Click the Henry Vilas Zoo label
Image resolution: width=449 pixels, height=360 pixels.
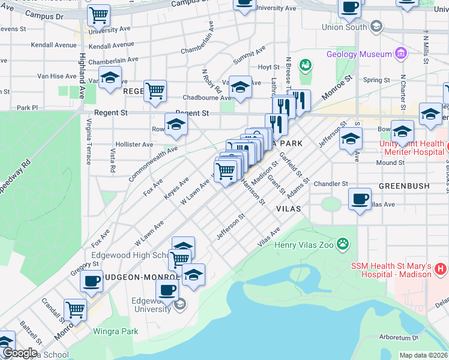pyautogui.click(x=304, y=244)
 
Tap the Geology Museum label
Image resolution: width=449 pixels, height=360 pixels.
pyautogui.click(x=359, y=54)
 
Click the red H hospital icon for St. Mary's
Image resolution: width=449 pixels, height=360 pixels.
pyautogui.click(x=440, y=269)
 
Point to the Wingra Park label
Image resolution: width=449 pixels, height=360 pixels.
pyautogui.click(x=115, y=331)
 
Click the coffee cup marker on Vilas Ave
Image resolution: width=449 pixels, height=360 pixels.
pyautogui.click(x=360, y=199)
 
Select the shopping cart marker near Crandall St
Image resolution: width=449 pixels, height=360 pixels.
pyautogui.click(x=75, y=309)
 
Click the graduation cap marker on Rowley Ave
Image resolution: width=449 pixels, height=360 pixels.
pyautogui.click(x=175, y=124)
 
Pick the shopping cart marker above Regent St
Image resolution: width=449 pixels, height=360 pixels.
pyautogui.click(x=155, y=91)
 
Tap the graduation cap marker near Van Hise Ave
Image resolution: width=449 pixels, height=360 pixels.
pyautogui.click(x=110, y=77)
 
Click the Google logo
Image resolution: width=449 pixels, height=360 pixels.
pyautogui.click(x=20, y=353)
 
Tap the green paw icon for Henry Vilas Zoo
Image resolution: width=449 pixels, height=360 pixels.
pyautogui.click(x=343, y=244)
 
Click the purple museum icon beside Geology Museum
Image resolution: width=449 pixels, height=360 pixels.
pyautogui.click(x=401, y=54)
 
